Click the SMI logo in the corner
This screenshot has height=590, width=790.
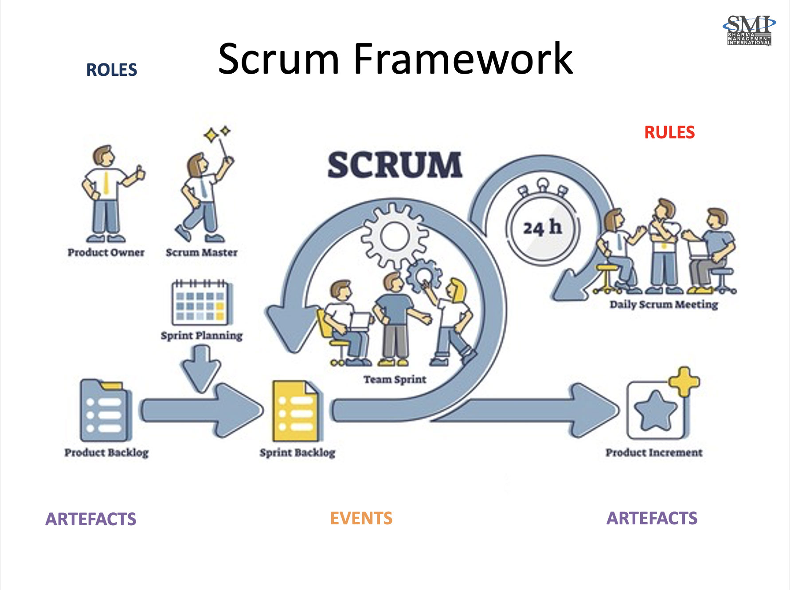749,30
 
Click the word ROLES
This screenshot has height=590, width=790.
112,70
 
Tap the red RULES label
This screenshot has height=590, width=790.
669,133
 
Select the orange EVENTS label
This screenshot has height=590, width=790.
361,518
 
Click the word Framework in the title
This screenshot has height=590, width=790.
463,59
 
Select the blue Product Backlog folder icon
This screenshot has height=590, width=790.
105,410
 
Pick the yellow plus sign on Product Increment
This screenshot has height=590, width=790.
684,382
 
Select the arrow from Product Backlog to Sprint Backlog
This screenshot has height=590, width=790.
202,410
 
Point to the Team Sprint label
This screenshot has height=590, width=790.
395,380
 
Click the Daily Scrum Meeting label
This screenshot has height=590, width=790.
663,305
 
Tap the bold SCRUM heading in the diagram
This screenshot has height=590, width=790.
395,165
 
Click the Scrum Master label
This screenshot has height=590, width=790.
201,252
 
